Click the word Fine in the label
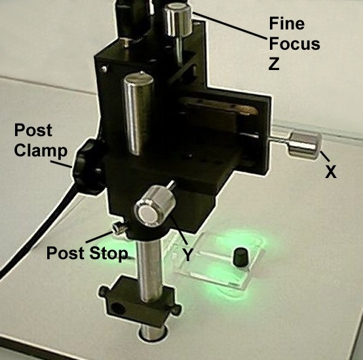pyautogui.click(x=286, y=24)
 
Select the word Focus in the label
pyautogui.click(x=294, y=43)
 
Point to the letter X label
pyautogui.click(x=331, y=171)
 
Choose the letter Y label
pyautogui.click(x=189, y=255)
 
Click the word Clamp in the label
pyautogui.click(x=41, y=151)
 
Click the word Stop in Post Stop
pyautogui.click(x=109, y=253)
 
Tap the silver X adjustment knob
pyautogui.click(x=305, y=145)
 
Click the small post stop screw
pyautogui.click(x=119, y=229)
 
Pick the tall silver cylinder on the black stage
pyautogui.click(x=138, y=113)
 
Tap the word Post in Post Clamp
pyautogui.click(x=33, y=130)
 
